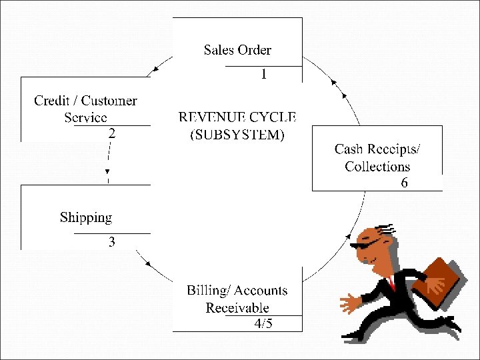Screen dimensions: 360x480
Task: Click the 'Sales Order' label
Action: [x=237, y=50]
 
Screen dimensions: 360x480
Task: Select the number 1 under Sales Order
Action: [x=264, y=75]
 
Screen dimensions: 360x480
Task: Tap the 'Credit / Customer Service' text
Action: [x=85, y=109]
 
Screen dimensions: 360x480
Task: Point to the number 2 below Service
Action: [x=112, y=133]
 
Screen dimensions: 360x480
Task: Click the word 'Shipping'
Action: [x=86, y=217]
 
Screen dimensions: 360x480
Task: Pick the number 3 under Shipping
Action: [x=112, y=243]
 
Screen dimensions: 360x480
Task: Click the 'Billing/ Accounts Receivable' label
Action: [x=237, y=299]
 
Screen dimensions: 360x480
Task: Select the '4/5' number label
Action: [x=263, y=324]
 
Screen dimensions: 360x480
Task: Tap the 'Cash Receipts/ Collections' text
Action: [x=377, y=157]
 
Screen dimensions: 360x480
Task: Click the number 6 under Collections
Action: [x=404, y=183]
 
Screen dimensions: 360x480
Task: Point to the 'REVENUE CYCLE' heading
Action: [x=237, y=117]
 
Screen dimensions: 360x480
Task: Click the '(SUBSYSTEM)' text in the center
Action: [x=237, y=135]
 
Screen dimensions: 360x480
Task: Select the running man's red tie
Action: [x=391, y=283]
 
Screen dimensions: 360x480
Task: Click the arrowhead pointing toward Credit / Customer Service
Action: [x=155, y=68]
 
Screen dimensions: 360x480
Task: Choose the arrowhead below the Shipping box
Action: [x=147, y=265]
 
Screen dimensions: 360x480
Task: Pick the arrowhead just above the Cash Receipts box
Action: [x=335, y=85]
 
